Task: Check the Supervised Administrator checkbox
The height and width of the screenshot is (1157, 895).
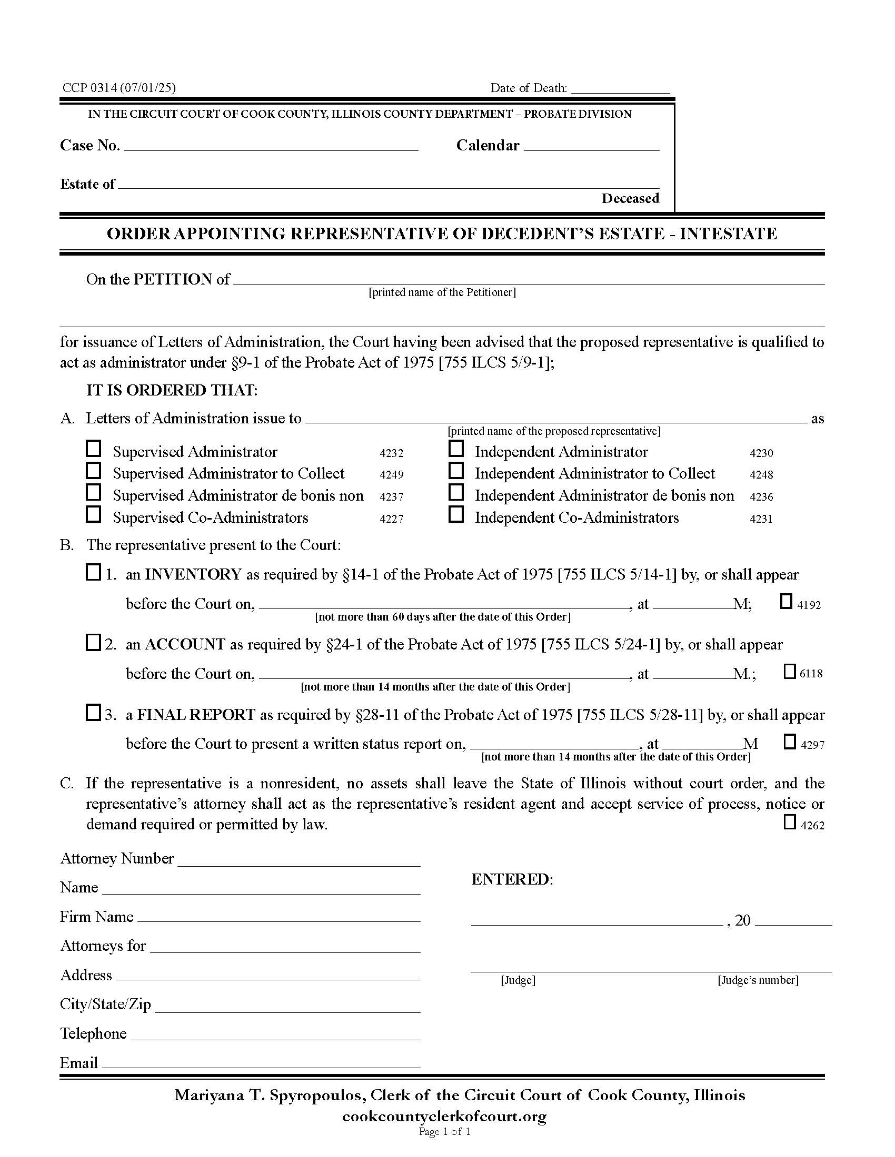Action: pos(93,449)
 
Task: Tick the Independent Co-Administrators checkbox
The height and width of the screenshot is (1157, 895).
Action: pos(456,514)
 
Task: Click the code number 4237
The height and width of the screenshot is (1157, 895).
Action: pos(391,497)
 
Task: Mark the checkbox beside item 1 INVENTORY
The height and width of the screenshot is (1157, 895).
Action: pos(93,573)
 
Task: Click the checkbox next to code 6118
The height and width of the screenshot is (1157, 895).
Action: pos(790,672)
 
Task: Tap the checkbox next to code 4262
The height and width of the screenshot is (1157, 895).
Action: pos(790,822)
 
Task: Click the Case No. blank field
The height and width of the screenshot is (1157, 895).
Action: pos(271,147)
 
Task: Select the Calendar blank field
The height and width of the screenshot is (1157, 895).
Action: pos(591,147)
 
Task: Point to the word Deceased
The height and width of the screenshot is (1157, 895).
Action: pos(630,199)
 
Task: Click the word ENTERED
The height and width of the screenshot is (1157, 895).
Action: pos(511,880)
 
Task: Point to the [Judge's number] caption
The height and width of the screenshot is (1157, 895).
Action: pos(758,981)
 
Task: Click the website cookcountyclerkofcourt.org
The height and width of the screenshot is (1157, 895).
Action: pos(444,1117)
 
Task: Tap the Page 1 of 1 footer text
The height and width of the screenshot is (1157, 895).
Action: pos(444,1132)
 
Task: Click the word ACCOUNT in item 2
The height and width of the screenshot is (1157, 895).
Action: pos(185,645)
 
